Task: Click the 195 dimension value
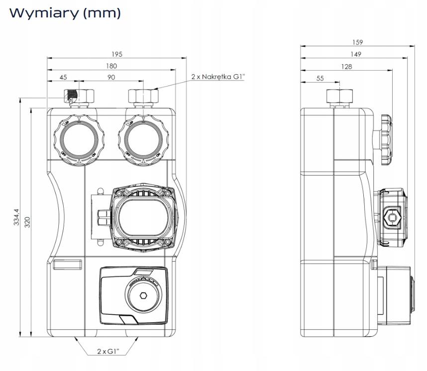117,54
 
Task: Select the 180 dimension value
111,66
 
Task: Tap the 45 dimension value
63,78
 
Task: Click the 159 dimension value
357,43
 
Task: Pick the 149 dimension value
354,54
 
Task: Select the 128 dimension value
346,66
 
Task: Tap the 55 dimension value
320,78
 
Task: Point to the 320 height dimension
28,222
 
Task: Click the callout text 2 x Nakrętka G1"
218,77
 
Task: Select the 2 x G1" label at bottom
107,352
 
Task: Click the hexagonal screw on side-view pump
393,217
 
